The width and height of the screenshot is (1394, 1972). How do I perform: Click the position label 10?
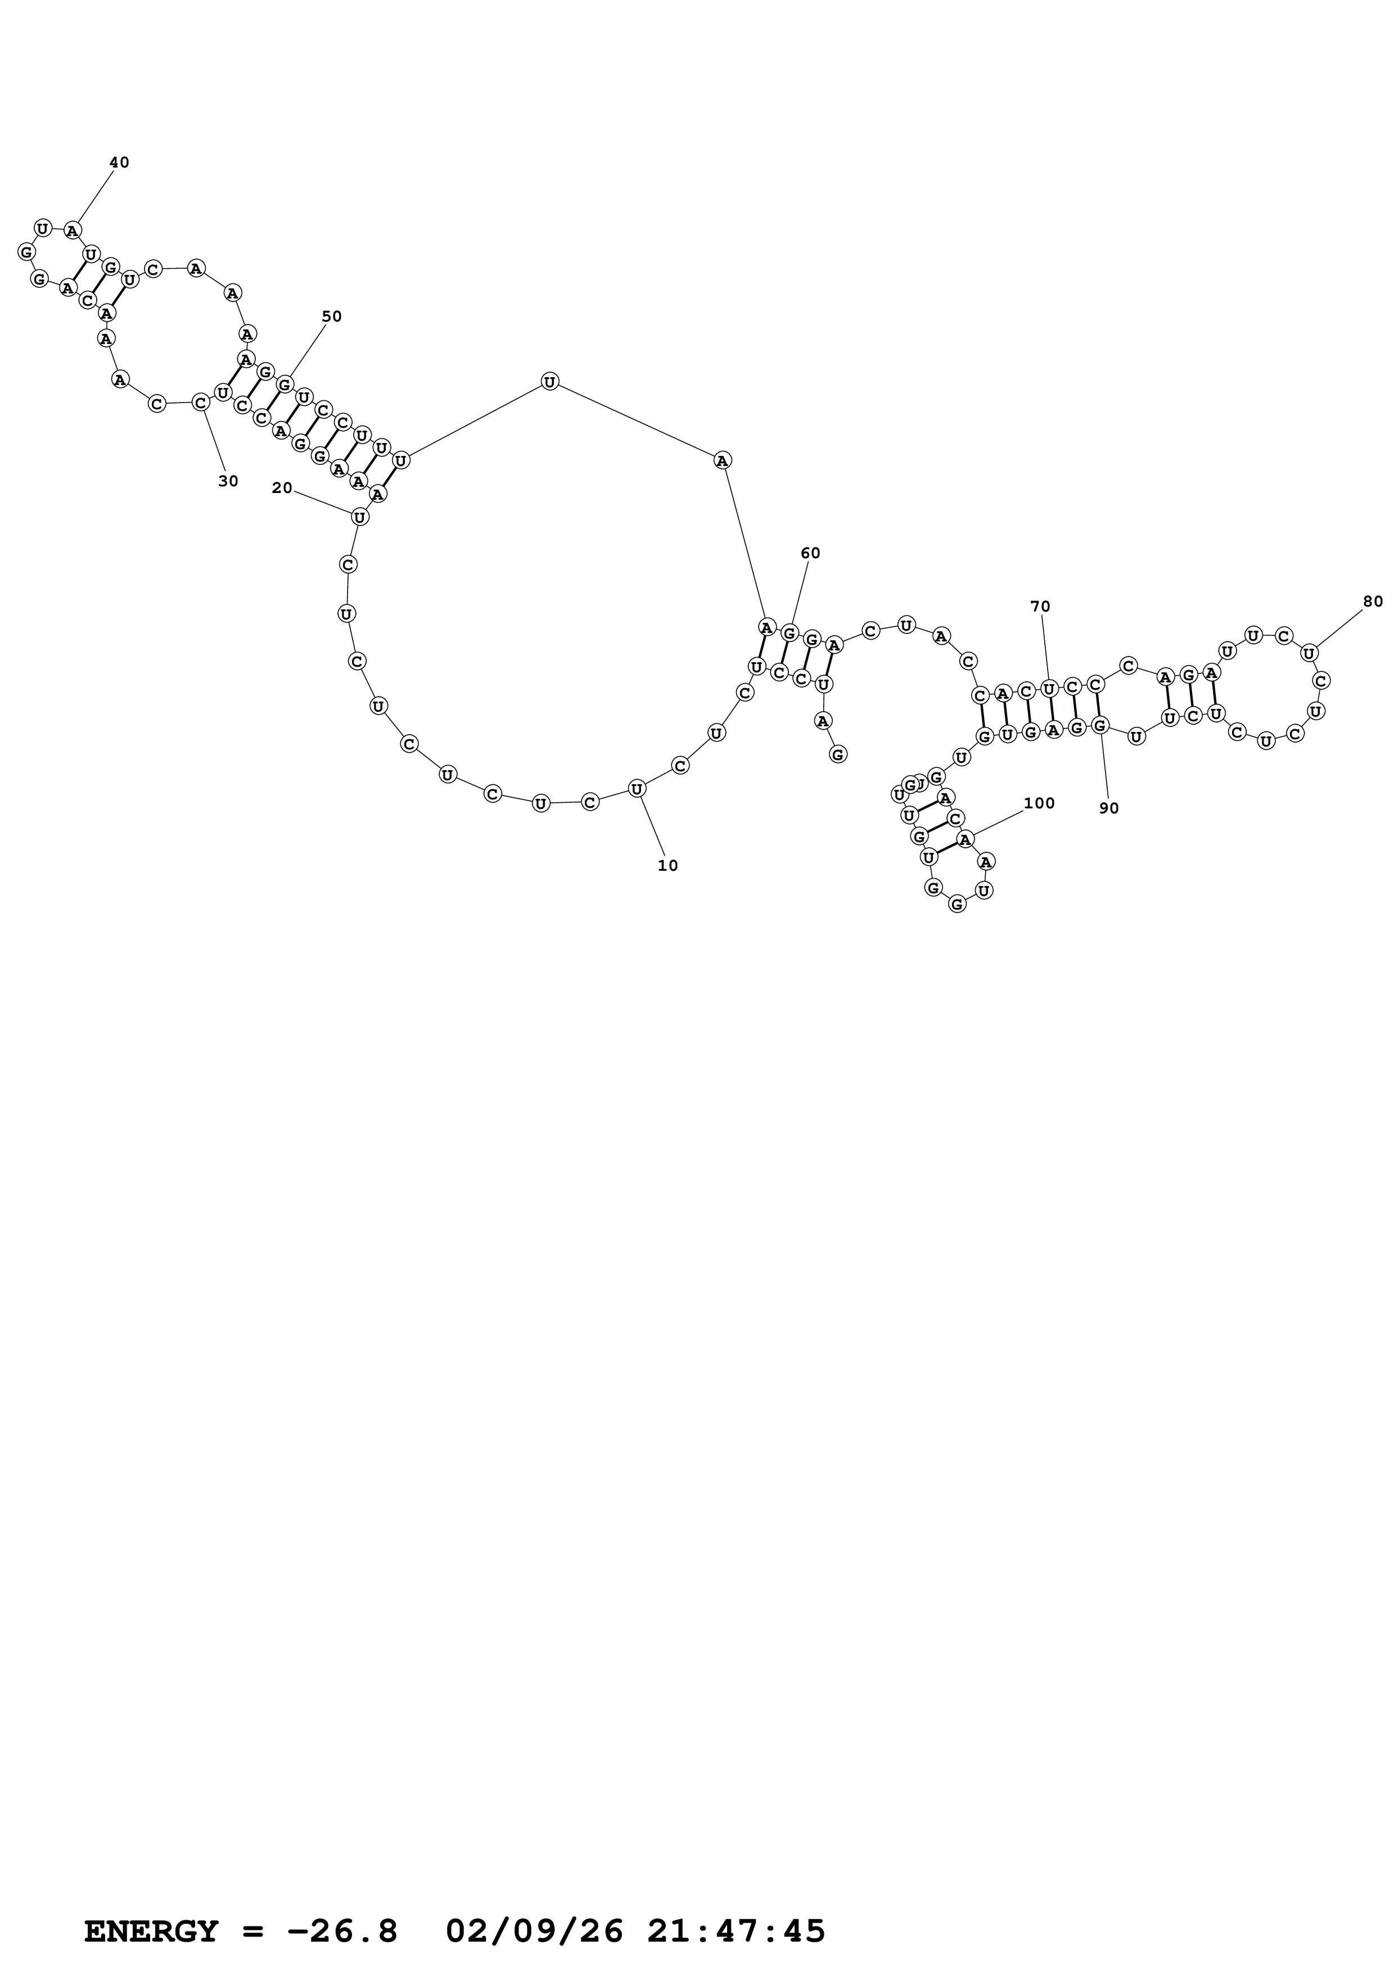pyautogui.click(x=667, y=866)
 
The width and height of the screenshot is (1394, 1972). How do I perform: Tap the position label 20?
pyautogui.click(x=282, y=488)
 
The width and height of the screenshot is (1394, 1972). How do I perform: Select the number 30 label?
pyautogui.click(x=228, y=482)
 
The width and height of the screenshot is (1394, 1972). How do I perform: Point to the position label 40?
pyautogui.click(x=119, y=162)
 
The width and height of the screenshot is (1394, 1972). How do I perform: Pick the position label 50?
pyautogui.click(x=332, y=316)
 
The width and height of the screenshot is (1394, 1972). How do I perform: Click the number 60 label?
pyautogui.click(x=810, y=553)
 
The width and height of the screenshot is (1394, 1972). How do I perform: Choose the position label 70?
pyautogui.click(x=1040, y=607)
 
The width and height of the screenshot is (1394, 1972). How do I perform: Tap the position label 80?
pyautogui.click(x=1373, y=601)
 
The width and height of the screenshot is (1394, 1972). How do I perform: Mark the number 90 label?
pyautogui.click(x=1109, y=808)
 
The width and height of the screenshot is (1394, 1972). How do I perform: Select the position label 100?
pyautogui.click(x=1039, y=803)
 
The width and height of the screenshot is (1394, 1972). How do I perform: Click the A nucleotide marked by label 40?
pyautogui.click(x=73, y=230)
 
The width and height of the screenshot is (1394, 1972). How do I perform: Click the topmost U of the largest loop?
pyautogui.click(x=550, y=381)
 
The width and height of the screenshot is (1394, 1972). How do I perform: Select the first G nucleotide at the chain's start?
pyautogui.click(x=837, y=754)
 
